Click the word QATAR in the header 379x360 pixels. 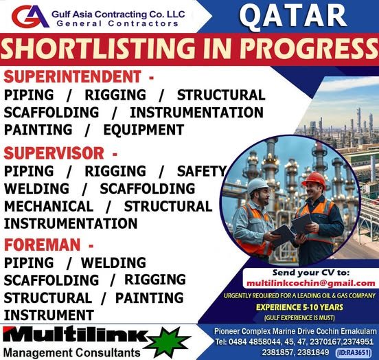[x=293, y=15]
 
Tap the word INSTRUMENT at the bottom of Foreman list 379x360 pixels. [x=49, y=315]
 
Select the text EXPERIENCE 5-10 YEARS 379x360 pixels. [x=309, y=307]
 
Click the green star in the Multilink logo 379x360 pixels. [x=168, y=341]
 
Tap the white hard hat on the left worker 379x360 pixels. [x=257, y=185]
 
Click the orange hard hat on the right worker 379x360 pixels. [x=314, y=179]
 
